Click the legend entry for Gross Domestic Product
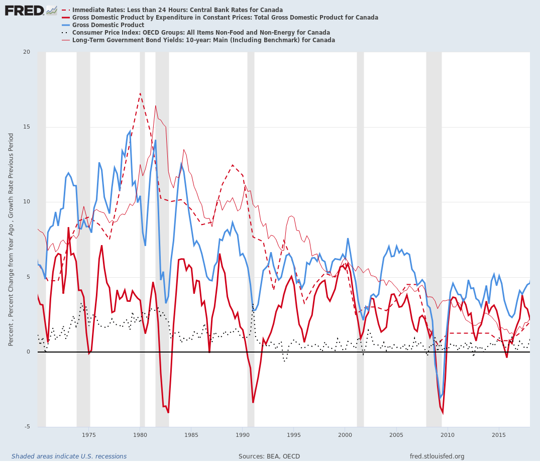pos(108,25)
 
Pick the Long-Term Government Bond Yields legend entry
pos(203,40)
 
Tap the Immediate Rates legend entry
pos(177,10)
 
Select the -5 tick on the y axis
pos(27,427)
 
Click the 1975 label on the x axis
pos(89,434)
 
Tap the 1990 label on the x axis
pos(243,434)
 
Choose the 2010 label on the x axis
pos(448,434)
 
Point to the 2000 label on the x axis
pos(345,434)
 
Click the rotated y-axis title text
pos(11,240)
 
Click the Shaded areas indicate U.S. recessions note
pos(69,456)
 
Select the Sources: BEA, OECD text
pos(269,456)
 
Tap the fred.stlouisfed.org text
pos(437,456)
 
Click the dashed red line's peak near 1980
pos(140,93)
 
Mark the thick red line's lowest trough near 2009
pos(443,413)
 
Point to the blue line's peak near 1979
pos(130,132)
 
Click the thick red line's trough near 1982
pos(168,413)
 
